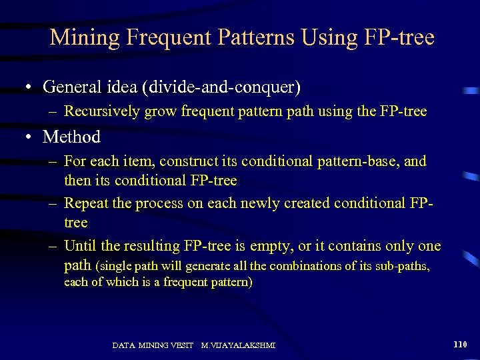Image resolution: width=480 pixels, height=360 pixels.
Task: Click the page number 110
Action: tap(460, 345)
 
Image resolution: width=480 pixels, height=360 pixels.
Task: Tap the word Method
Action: tap(71, 137)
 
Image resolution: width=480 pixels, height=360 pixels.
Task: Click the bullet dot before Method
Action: tap(29, 138)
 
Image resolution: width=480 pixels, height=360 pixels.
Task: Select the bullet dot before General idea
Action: tap(29, 87)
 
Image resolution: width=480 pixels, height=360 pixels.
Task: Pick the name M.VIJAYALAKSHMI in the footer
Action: tap(238, 345)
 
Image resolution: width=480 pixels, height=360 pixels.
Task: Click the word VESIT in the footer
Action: tap(182, 345)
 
